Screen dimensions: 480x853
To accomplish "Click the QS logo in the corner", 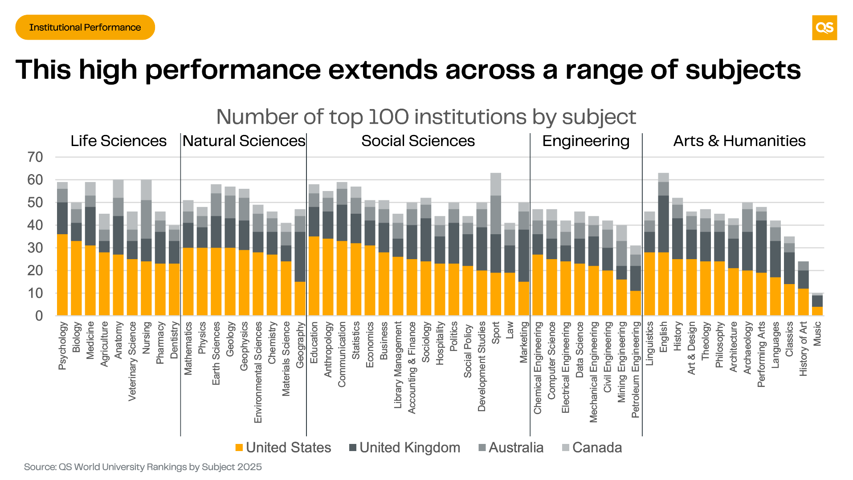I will pyautogui.click(x=824, y=28).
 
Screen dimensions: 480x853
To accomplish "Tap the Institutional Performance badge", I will pyautogui.click(x=85, y=28).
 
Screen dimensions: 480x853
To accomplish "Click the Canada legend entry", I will pyautogui.click(x=592, y=447).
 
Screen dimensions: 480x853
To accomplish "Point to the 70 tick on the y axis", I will pyautogui.click(x=35, y=157).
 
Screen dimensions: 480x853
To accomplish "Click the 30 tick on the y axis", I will pyautogui.click(x=35, y=248).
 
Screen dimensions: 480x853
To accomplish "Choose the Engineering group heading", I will pyautogui.click(x=586, y=141).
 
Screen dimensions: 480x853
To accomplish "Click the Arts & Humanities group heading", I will pyautogui.click(x=739, y=141).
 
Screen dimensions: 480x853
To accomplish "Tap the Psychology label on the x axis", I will pyautogui.click(x=62, y=346).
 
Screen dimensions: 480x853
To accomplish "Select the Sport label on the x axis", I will pyautogui.click(x=496, y=333).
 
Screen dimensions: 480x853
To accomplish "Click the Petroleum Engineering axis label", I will pyautogui.click(x=636, y=370).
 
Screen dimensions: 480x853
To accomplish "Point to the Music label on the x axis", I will pyautogui.click(x=817, y=334).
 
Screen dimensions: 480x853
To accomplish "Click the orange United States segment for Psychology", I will pyautogui.click(x=62, y=275).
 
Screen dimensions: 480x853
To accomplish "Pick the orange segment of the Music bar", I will pyautogui.click(x=817, y=311).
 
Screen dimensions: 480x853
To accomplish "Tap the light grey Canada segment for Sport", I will pyautogui.click(x=496, y=184).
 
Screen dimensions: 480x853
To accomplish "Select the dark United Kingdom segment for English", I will pyautogui.click(x=664, y=224).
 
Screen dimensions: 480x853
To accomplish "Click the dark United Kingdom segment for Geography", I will pyautogui.click(x=300, y=256).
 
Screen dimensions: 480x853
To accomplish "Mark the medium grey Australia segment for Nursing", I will pyautogui.click(x=146, y=220).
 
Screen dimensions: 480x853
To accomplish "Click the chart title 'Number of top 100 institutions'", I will pyautogui.click(x=426, y=117).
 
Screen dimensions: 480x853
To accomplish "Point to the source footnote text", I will pyautogui.click(x=143, y=467).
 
